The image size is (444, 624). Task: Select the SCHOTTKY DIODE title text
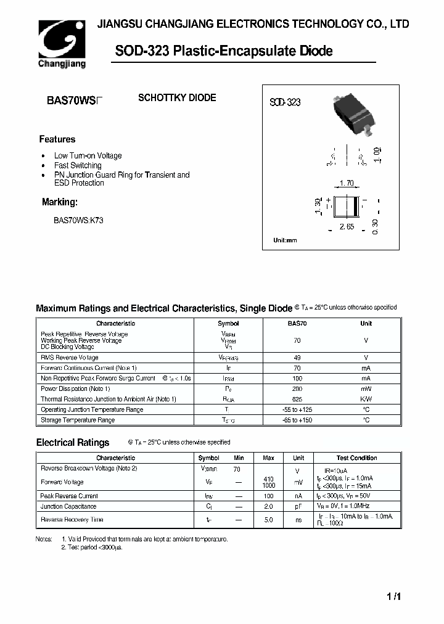176,98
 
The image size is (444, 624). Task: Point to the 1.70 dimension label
346,183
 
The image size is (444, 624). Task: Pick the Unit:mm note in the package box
285,240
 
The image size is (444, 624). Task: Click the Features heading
57,139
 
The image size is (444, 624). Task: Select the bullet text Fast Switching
78,165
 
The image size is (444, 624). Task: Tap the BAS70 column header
297,323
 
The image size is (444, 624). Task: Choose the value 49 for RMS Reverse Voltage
297,358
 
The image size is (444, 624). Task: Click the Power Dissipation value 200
297,388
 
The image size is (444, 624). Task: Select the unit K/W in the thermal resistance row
366,399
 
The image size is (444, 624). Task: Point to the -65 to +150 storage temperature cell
297,420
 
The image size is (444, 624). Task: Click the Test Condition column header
356,458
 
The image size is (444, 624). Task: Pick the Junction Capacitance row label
60,506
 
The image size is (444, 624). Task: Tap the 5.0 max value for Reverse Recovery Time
268,520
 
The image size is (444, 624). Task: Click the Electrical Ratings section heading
73,442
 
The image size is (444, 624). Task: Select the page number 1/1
395,597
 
